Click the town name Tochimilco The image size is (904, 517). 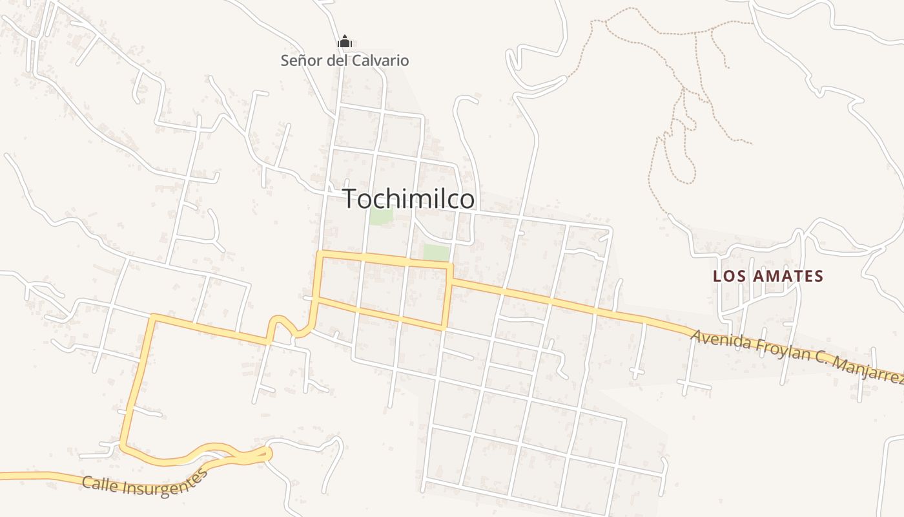(x=409, y=199)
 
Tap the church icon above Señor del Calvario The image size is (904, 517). (x=345, y=43)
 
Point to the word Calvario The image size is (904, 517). (x=381, y=61)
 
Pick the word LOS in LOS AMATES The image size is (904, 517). (x=728, y=277)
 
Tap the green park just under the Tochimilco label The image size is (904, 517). (x=381, y=216)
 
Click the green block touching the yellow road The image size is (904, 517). (x=436, y=253)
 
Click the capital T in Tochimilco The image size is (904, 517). (x=350, y=199)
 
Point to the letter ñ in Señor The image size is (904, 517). (x=303, y=61)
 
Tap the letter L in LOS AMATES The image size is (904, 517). (x=717, y=277)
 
